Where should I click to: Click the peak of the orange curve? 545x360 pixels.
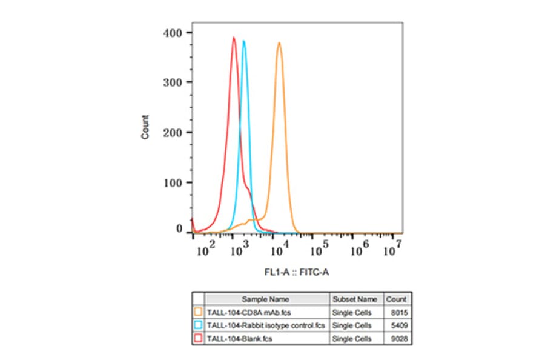(279, 42)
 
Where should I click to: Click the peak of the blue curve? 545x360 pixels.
(244, 41)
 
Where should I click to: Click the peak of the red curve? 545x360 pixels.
(234, 38)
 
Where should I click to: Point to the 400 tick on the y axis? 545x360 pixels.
(189, 32)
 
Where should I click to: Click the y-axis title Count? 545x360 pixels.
(145, 127)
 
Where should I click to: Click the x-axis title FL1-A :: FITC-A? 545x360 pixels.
(297, 273)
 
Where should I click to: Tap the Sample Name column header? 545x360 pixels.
(266, 299)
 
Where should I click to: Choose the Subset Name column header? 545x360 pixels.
(355, 299)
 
